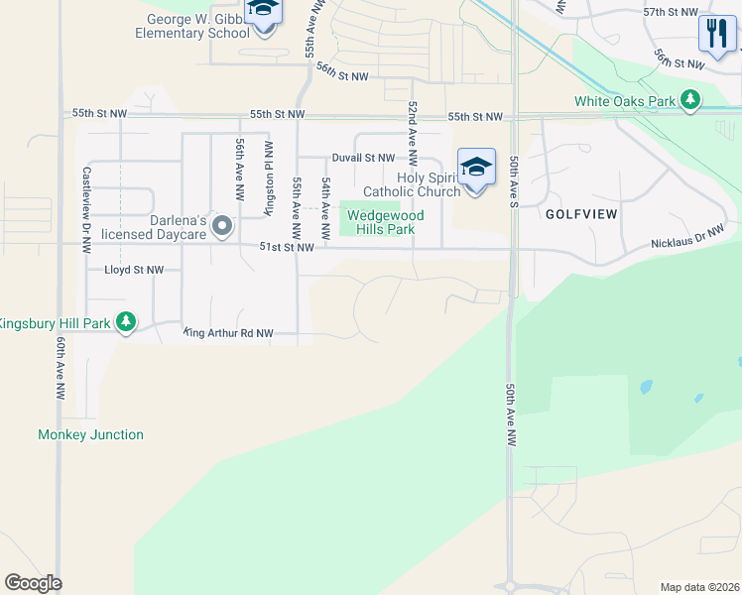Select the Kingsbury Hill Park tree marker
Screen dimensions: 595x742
126,322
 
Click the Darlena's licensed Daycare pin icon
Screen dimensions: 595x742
222,227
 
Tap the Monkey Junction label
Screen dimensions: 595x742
90,434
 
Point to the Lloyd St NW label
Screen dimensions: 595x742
134,270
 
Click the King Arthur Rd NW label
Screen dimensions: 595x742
228,334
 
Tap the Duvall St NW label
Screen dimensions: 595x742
363,158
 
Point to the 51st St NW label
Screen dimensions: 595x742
287,247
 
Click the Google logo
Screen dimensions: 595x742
33,583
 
